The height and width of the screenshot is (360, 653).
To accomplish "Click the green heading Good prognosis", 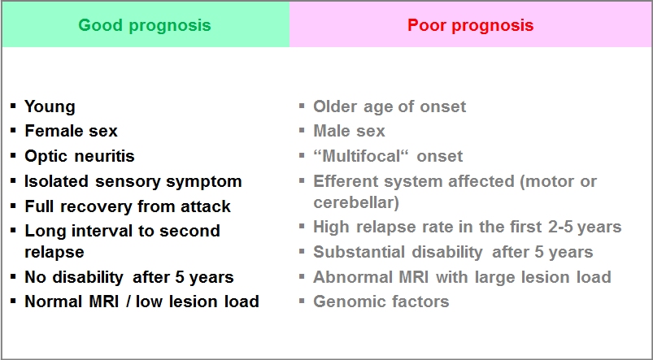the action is [x=145, y=26].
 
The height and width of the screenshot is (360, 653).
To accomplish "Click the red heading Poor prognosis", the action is [x=471, y=26].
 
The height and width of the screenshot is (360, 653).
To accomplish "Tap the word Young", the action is [x=50, y=107].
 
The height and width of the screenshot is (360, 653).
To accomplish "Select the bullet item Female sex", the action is [x=72, y=131].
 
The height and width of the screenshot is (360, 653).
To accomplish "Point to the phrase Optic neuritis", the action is [x=80, y=157].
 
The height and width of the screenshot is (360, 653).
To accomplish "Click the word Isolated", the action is [x=56, y=181].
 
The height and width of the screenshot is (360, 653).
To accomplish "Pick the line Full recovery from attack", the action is [x=128, y=206].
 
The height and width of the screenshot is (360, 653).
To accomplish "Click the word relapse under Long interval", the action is [x=54, y=252].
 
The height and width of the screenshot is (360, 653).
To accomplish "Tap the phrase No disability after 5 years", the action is [x=129, y=277].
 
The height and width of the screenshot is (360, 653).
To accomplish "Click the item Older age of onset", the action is [x=390, y=107].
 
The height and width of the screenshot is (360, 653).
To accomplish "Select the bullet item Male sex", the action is [x=349, y=131].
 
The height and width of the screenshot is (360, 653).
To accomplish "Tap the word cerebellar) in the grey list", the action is [x=356, y=202].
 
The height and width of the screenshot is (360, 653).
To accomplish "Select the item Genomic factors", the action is [x=381, y=301].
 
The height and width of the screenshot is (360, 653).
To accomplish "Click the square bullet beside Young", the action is [x=14, y=106].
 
